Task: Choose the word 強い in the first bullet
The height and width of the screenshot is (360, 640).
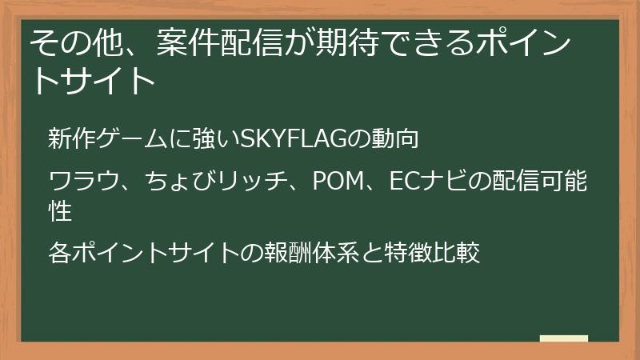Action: tap(210, 138)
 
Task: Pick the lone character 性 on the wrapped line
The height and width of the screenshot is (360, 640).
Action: tap(59, 212)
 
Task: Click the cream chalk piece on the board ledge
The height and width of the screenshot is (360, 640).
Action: tap(563, 338)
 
